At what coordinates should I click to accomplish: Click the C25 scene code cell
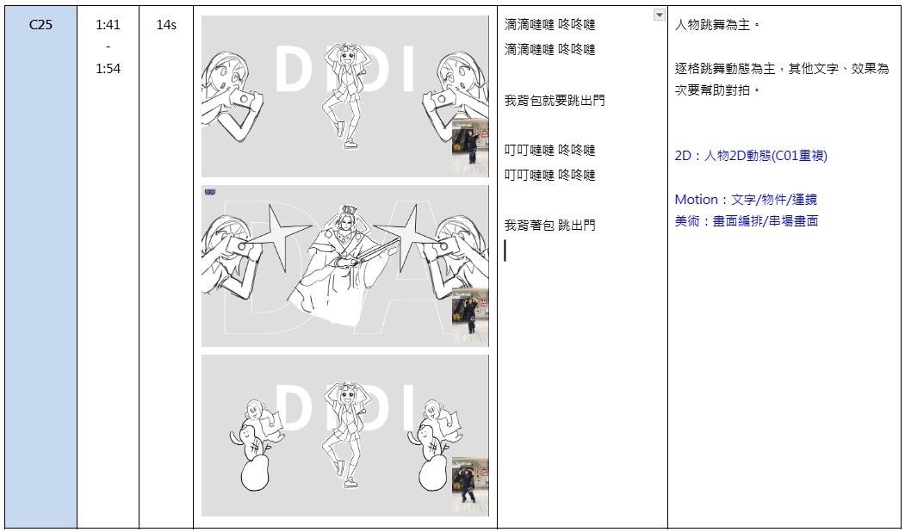[40, 25]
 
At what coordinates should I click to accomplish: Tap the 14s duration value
[166, 25]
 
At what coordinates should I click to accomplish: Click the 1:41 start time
[108, 25]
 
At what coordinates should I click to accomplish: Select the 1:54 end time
[108, 69]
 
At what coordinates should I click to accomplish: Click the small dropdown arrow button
[659, 15]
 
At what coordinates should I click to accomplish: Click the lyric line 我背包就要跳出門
[555, 101]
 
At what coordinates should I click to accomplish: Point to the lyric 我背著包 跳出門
[549, 225]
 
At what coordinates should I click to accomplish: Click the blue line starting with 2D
[751, 156]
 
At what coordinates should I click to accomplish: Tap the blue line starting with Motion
[746, 200]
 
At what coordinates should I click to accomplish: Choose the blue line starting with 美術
[747, 221]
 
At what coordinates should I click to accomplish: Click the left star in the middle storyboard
[281, 236]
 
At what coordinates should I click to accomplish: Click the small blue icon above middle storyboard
[209, 192]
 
